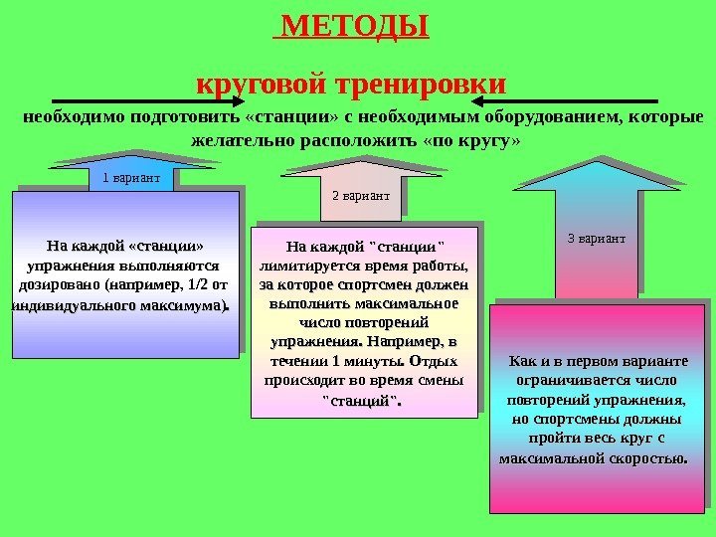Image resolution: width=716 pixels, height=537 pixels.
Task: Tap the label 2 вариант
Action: click(360, 197)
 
